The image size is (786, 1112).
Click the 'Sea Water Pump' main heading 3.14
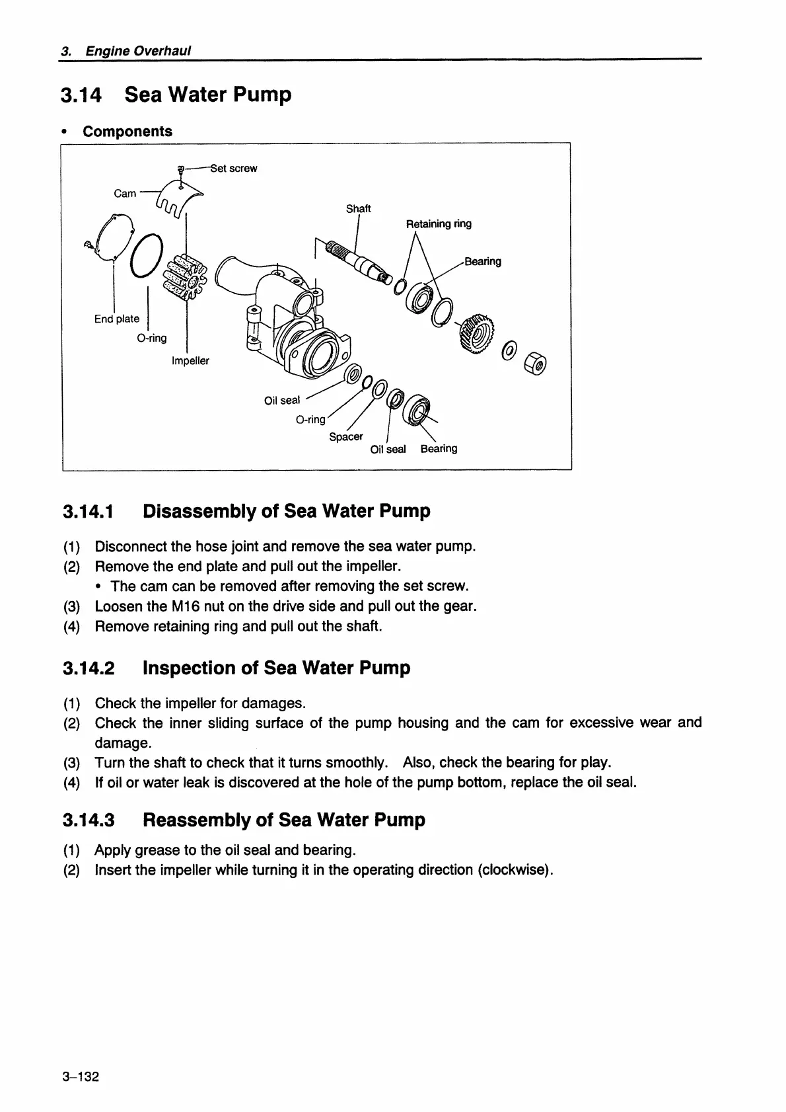[x=207, y=95]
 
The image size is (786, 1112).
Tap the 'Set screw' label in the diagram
[x=234, y=168]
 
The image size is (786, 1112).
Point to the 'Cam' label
[x=125, y=193]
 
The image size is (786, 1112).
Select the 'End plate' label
[x=117, y=319]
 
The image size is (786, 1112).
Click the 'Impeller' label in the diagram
[x=190, y=361]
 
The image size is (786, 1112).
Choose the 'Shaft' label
[x=359, y=208]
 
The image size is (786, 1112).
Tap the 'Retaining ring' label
[x=439, y=223]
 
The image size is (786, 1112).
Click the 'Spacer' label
[x=346, y=436]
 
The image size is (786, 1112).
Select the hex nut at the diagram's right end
[x=535, y=364]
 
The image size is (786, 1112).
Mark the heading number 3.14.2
[x=89, y=668]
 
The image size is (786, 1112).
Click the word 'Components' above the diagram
[x=127, y=131]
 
